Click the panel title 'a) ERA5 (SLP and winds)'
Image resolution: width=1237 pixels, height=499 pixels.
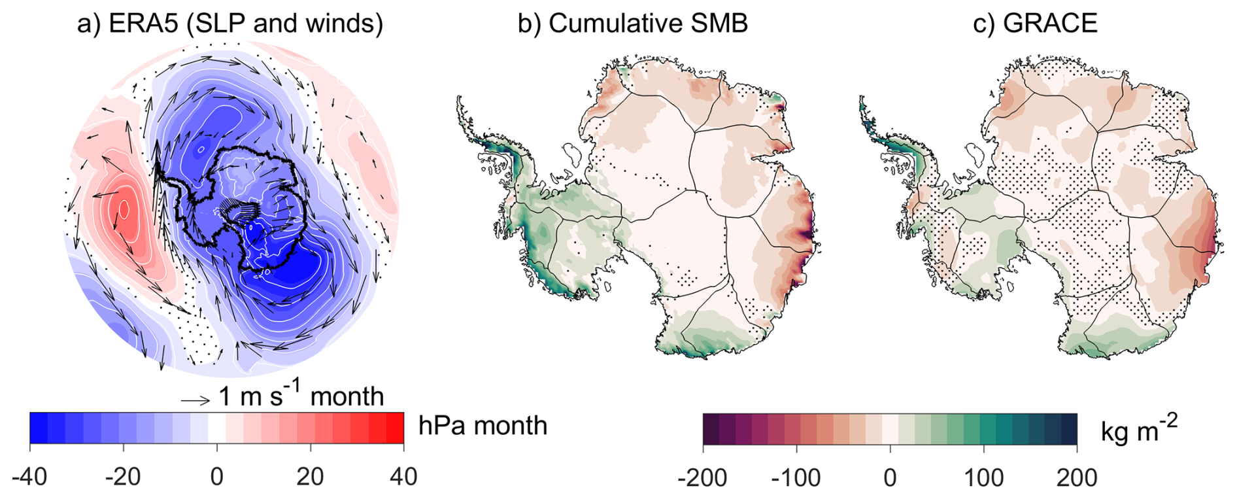coord(229,24)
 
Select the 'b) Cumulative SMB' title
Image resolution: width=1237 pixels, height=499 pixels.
coord(632,24)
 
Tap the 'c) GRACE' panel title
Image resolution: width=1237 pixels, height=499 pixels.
coord(1035,24)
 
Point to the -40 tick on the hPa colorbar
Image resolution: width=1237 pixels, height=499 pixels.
coord(29,477)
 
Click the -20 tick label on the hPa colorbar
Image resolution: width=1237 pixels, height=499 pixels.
coord(123,477)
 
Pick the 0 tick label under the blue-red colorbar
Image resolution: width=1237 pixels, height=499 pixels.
coord(217,477)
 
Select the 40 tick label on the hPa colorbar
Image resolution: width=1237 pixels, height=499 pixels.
coord(403,477)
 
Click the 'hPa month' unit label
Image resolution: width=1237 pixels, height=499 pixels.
coord(483,426)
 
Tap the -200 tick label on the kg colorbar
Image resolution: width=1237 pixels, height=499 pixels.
coord(702,478)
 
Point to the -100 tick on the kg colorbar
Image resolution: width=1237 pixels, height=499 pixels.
coord(796,478)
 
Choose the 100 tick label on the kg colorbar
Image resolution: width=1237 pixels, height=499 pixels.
coord(983,478)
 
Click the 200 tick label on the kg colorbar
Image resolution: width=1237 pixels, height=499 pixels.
coord(1077,478)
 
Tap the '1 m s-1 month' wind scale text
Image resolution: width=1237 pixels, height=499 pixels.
coord(301,396)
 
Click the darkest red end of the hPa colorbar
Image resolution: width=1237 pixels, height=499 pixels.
coord(396,428)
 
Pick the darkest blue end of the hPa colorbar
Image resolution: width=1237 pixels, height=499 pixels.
coord(39,428)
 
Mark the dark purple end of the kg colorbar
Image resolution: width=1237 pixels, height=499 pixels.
coord(711,429)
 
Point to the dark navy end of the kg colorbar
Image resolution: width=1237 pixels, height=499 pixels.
coord(1069,429)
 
